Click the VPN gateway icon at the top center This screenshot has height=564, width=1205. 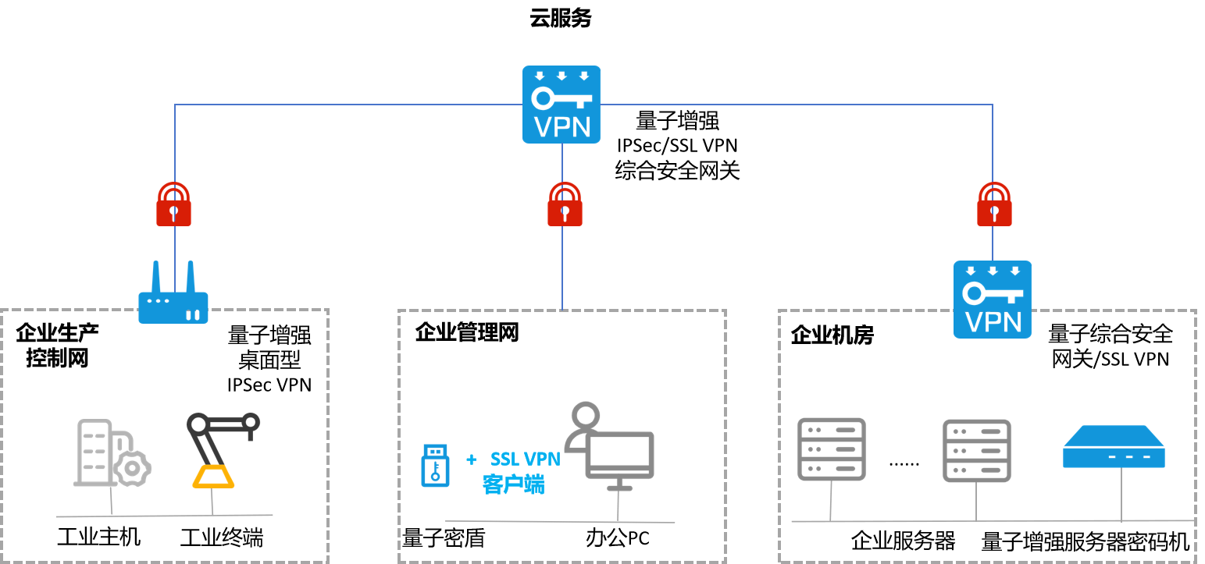coord(561,104)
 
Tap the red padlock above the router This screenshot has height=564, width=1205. coord(173,204)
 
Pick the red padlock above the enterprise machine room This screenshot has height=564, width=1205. coord(994,204)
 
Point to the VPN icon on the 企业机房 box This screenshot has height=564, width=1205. coord(993,299)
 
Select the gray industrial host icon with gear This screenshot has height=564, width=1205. coord(111,453)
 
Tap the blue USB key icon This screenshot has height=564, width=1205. coord(435,465)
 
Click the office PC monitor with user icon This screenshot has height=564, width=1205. coord(611,446)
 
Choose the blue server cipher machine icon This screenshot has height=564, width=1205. coord(1114,448)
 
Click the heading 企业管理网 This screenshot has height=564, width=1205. coord(467,333)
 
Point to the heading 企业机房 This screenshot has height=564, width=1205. coord(832,335)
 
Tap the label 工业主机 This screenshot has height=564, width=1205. coord(99,537)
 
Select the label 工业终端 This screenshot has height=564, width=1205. coord(222,537)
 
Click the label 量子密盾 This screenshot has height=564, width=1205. coord(443,538)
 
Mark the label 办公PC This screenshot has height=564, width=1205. coord(617,538)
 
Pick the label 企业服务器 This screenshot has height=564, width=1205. coord(903,541)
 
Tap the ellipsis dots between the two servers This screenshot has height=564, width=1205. coord(904,463)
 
